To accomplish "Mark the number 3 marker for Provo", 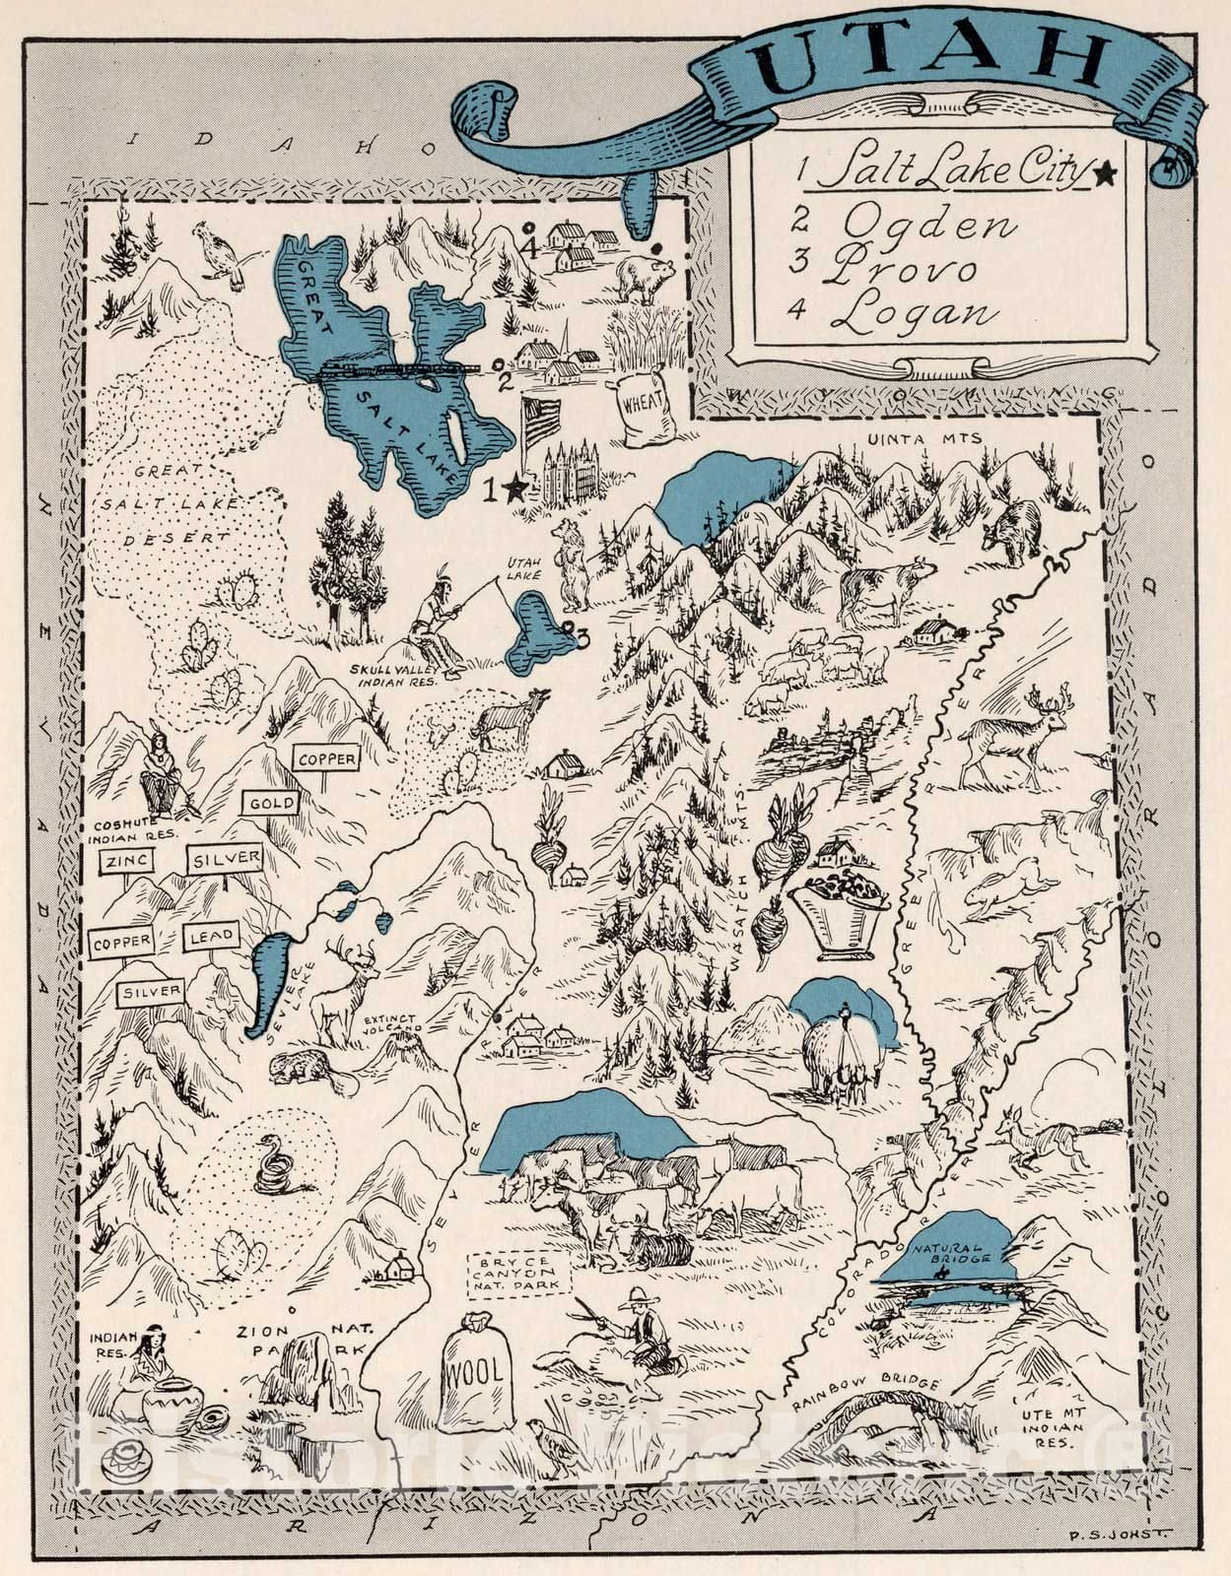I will pyautogui.click(x=582, y=637).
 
